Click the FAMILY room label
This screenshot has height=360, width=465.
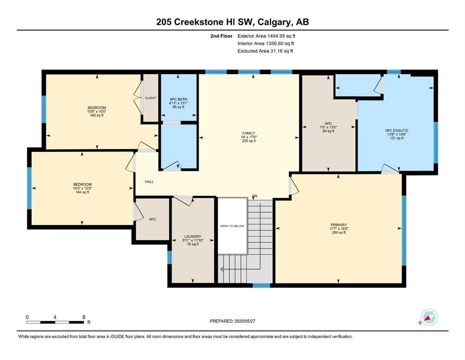click(x=249, y=133)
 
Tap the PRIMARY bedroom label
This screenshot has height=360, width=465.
click(x=339, y=225)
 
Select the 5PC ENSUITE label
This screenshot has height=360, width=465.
click(x=397, y=130)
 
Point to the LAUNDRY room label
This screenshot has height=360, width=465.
click(x=193, y=237)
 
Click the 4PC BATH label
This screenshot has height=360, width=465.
click(x=178, y=99)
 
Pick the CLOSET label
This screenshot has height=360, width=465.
click(x=151, y=98)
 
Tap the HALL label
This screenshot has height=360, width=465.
click(x=149, y=181)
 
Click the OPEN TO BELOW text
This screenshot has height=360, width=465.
click(x=232, y=226)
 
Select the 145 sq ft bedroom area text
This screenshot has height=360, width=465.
click(x=96, y=115)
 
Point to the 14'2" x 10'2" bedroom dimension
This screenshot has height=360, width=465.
click(x=82, y=188)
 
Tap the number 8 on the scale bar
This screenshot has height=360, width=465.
click(x=84, y=317)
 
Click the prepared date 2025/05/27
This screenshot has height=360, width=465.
click(x=244, y=321)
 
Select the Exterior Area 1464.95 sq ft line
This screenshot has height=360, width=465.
click(x=266, y=36)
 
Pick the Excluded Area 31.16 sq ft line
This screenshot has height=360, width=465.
click(x=265, y=51)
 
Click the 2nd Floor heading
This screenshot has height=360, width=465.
click(x=221, y=36)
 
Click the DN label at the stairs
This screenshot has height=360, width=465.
click(x=254, y=196)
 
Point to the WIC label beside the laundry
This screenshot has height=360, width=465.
click(x=153, y=219)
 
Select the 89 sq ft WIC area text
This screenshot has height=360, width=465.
click(x=328, y=131)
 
